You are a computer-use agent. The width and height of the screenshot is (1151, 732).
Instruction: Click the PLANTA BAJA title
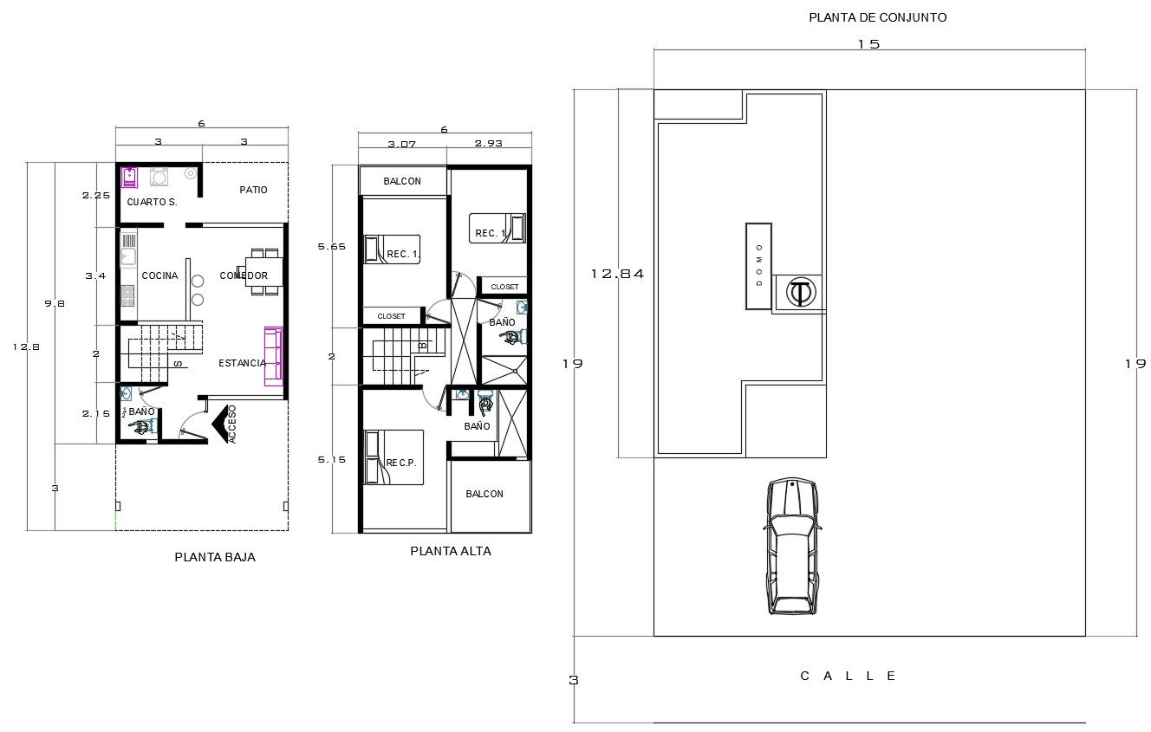pos(215,558)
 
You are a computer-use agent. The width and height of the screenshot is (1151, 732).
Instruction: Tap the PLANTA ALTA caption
pos(451,551)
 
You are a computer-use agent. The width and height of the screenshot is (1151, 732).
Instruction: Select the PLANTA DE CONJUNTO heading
pos(877,17)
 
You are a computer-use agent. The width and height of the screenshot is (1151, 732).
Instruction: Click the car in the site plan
pos(792,546)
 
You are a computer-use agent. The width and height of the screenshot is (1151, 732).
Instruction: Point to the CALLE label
pos(849,676)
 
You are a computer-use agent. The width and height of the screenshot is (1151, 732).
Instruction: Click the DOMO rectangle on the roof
pos(758,266)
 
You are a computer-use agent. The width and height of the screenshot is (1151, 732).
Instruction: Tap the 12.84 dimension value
pos(617,274)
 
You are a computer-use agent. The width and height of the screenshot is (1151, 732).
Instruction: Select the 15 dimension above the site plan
pos(868,44)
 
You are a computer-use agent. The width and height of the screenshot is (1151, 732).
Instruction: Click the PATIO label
pos(253,190)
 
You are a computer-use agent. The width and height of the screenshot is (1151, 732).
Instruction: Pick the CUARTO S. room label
pos(152,202)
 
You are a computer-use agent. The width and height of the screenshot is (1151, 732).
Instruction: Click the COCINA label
pos(159,275)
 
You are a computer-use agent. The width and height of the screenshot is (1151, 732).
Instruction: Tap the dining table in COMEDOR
pos(263,272)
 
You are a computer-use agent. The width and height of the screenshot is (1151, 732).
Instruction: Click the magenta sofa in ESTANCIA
pos(273,355)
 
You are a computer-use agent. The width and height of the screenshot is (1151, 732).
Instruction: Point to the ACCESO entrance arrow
pos(224,424)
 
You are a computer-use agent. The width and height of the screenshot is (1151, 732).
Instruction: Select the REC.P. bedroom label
pos(401,463)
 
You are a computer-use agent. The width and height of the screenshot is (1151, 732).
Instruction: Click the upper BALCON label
pos(402,181)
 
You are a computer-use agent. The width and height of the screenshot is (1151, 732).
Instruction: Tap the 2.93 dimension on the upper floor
pos(489,144)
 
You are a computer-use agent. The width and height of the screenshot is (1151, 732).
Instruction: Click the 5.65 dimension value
pos(332,247)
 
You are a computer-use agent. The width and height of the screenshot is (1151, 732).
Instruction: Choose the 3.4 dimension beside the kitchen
pos(95,275)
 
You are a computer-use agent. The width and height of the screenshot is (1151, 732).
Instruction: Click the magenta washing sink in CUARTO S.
pos(129,177)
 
